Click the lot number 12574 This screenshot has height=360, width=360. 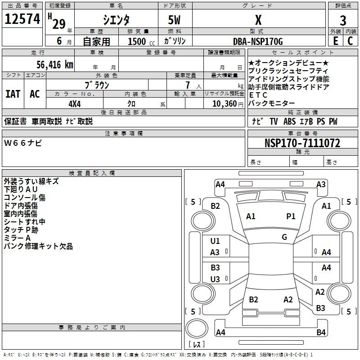(22, 19)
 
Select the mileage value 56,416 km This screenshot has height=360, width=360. (55, 65)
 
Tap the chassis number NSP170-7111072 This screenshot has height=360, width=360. (302, 143)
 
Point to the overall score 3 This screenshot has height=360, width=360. (343, 21)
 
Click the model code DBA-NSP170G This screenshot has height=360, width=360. (258, 41)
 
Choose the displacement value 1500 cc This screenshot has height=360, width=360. (141, 42)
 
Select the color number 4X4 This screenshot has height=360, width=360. (75, 104)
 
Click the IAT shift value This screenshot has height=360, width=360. (13, 94)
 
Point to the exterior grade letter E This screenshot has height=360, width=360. (336, 41)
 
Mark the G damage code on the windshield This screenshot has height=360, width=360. (284, 237)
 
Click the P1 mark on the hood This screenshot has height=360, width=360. (291, 216)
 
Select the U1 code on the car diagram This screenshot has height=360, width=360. (215, 241)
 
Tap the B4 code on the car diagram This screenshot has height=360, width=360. (321, 332)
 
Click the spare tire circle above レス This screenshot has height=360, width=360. (197, 328)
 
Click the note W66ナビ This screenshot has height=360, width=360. (23, 143)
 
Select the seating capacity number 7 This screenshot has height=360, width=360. (188, 85)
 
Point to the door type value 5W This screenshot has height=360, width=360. (174, 20)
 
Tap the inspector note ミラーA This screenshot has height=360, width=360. (17, 238)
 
